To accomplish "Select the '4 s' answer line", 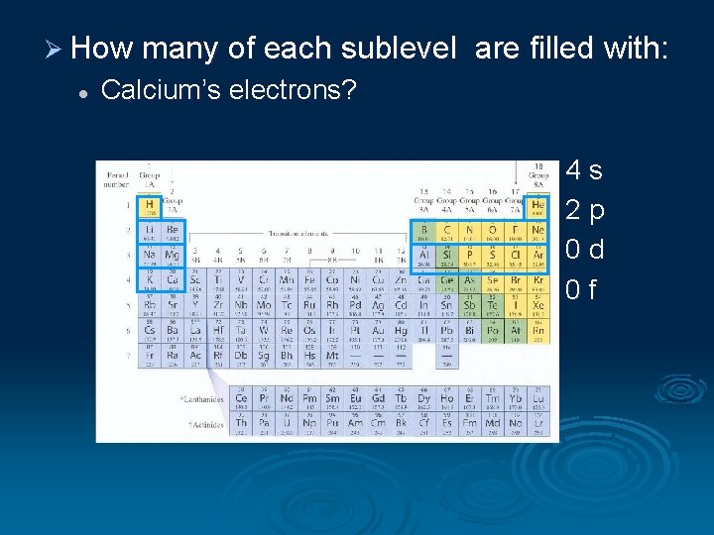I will point(584,170).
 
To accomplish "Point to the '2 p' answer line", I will point(584,210).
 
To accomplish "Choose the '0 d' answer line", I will point(584,250).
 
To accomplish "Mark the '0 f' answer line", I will point(581,289).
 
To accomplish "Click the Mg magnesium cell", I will point(173,257).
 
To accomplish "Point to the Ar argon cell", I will point(537,257).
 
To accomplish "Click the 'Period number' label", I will point(116,178).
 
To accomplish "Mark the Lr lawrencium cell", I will point(537,423).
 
